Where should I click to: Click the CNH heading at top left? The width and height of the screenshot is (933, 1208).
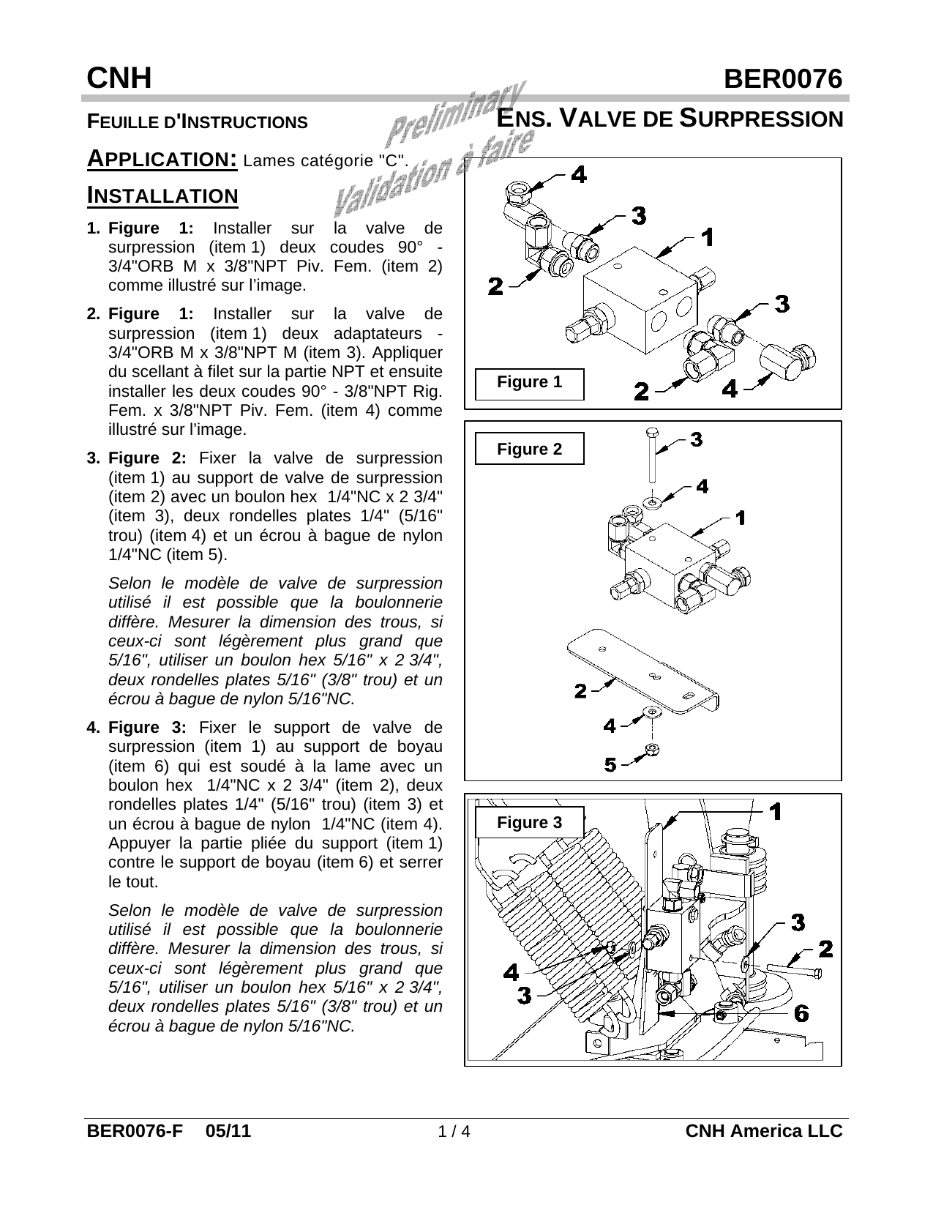tap(119, 78)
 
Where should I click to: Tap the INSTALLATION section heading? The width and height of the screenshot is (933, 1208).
tap(162, 195)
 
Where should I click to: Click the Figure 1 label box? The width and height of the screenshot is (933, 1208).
tap(529, 383)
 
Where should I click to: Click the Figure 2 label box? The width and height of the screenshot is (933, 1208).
tap(529, 450)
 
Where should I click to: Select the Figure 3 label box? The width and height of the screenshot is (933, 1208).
tap(529, 823)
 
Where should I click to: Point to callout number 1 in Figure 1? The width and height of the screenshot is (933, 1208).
tap(707, 237)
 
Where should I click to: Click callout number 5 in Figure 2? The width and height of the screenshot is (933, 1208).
tap(611, 765)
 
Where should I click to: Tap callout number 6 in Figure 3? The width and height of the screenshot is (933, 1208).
tap(801, 1013)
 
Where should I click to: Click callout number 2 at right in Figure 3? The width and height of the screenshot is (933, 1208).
tap(825, 949)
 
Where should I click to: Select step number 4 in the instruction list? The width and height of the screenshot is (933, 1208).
tap(92, 728)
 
